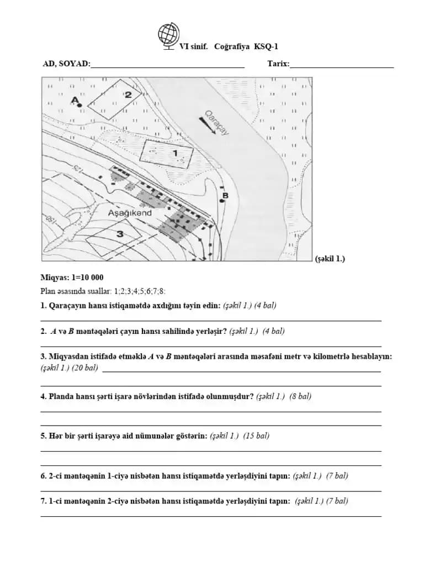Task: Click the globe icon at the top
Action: (168, 35)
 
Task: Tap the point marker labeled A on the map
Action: (80, 104)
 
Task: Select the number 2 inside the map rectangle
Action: (128, 95)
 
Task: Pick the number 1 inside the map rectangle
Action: (175, 152)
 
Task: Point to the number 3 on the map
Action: (119, 234)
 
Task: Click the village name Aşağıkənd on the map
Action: (130, 212)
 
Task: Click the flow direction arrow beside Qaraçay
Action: (207, 126)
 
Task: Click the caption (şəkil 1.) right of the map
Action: (330, 259)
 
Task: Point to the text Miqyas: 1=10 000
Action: (72, 277)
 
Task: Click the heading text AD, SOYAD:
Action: (66, 64)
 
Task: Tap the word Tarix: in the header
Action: (278, 64)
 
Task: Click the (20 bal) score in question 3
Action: (84, 367)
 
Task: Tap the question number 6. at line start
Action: (44, 475)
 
